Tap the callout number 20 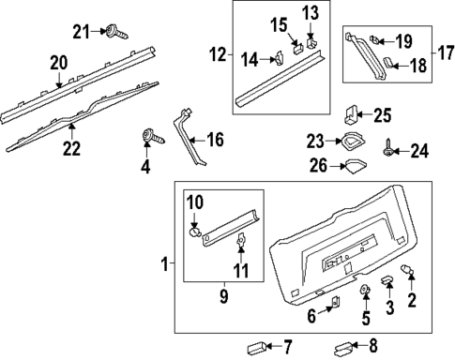pos(59,63)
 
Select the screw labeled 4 pos(153,137)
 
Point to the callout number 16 pos(216,140)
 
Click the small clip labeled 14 pos(279,57)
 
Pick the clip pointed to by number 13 pos(311,42)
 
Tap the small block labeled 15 pos(298,49)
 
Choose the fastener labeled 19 pos(374,39)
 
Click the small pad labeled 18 pos(388,62)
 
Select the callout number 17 pos(447,52)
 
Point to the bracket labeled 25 pos(352,113)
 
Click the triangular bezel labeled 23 pos(352,141)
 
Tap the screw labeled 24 pos(388,148)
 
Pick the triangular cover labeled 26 pos(355,166)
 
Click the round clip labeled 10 pos(195,232)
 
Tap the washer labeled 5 pos(364,289)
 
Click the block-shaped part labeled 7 pos(256,348)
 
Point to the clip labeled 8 pos(344,348)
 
